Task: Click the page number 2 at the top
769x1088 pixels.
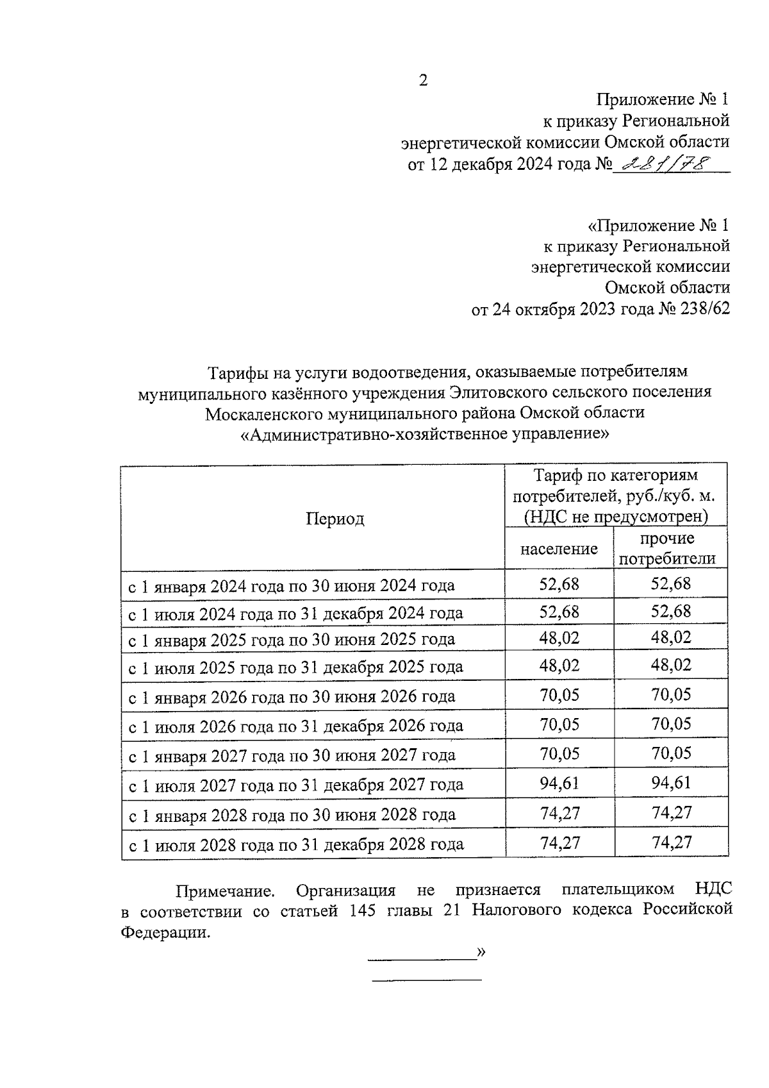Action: [x=423, y=81]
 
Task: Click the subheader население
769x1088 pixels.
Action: [x=559, y=549]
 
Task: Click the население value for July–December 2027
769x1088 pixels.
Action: [x=559, y=783]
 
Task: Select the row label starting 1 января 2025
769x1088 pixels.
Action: [x=292, y=639]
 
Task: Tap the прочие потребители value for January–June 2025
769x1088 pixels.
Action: [x=671, y=637]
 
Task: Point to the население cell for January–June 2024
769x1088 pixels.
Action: [x=559, y=583]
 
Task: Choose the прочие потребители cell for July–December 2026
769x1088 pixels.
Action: [x=671, y=724]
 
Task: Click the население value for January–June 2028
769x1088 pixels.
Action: [x=559, y=813]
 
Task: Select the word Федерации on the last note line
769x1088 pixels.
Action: [x=165, y=933]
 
